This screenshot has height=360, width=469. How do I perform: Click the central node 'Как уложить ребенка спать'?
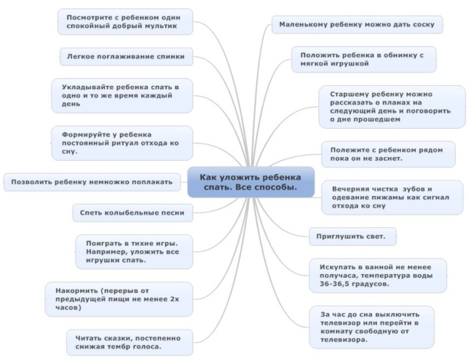point(250,182)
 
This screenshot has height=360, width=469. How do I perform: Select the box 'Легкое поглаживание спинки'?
point(126,56)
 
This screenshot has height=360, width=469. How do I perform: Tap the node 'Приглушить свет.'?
point(352,235)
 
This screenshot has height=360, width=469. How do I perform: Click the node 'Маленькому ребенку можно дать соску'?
point(357,24)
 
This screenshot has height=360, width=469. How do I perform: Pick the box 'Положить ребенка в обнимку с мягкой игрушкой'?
point(362,59)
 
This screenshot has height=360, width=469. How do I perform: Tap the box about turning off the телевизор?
point(373,326)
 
